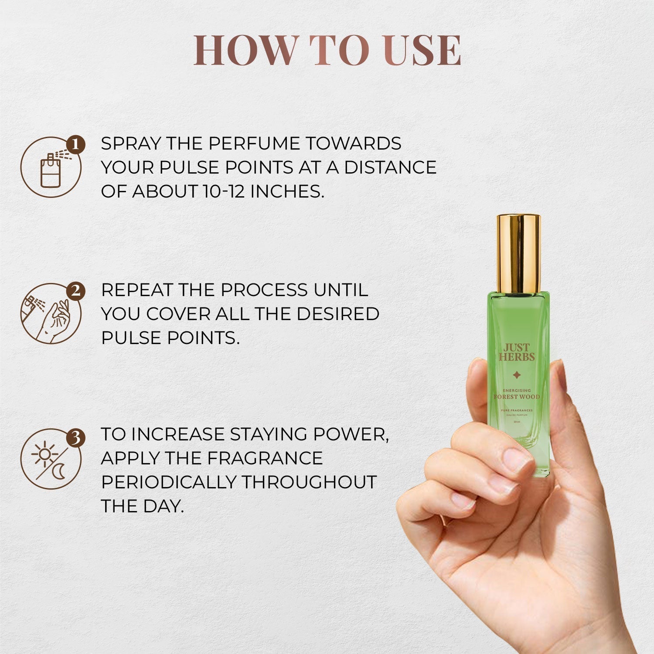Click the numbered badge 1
pos(76,145)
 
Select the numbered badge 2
pos(76,291)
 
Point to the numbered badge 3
pos(76,438)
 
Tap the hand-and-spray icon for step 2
pos(51,314)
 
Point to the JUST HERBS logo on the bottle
pos(517,352)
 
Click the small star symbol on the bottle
pos(517,375)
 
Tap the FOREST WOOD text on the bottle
pos(517,397)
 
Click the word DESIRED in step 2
pos(338,314)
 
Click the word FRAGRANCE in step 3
pos(265,458)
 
